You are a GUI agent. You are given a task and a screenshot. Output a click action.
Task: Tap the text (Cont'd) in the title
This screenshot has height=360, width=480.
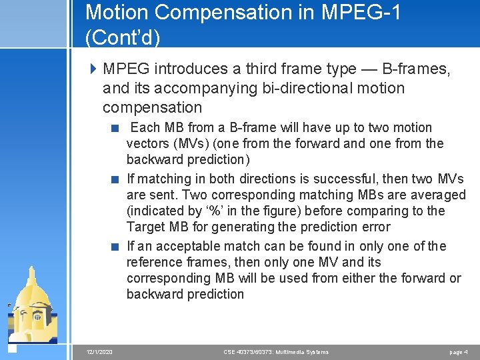123,37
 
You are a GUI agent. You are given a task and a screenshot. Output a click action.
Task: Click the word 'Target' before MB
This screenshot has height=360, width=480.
145,227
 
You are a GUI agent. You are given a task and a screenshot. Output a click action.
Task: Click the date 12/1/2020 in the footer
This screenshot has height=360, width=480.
99,351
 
